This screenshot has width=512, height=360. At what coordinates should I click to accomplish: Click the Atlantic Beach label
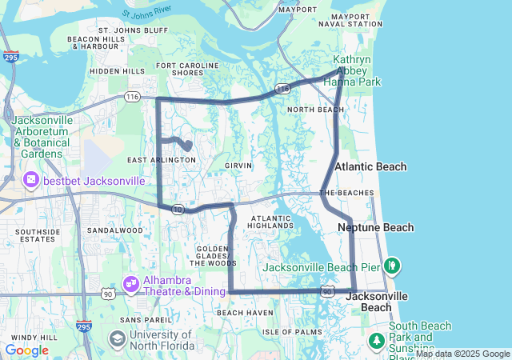[371, 166]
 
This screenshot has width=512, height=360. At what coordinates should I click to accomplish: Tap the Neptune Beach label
[375, 228]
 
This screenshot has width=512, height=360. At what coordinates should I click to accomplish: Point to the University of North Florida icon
[117, 340]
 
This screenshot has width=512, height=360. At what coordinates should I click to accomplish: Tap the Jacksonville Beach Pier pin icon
[392, 265]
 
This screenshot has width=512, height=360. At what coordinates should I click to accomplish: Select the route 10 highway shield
[178, 209]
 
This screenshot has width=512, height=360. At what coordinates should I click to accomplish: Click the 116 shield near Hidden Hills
[132, 97]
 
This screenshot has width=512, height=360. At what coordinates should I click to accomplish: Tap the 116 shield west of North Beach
[282, 89]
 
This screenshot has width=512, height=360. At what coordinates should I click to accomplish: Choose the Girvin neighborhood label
[238, 166]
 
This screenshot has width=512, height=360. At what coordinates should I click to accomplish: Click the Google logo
[26, 350]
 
